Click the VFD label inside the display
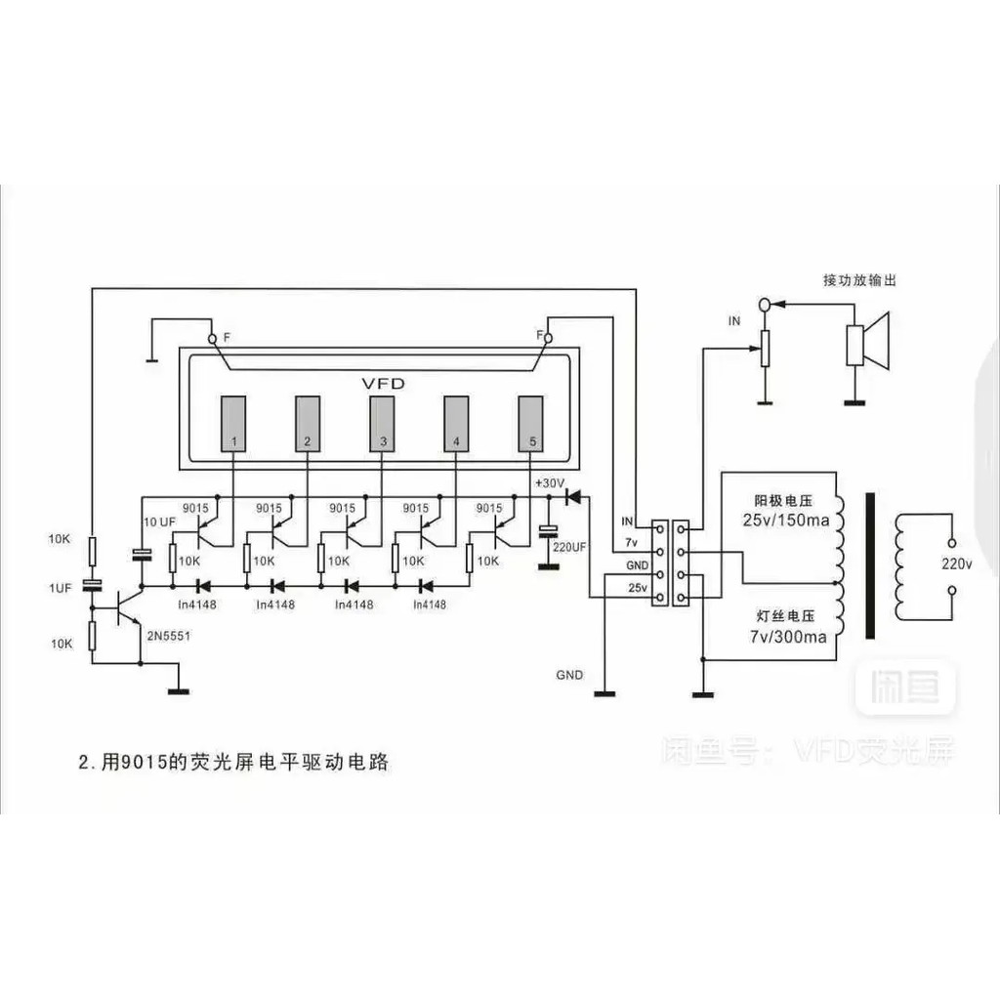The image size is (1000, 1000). [x=383, y=383]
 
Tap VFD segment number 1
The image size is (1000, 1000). [x=233, y=423]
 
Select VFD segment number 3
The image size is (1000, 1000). [x=382, y=423]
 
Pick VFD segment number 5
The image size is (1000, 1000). [x=530, y=423]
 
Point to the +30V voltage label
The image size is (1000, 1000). [x=549, y=482]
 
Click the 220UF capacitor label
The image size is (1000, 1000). [x=568, y=547]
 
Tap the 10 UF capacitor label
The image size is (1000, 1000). [x=159, y=523]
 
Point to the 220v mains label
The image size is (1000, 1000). [x=956, y=563]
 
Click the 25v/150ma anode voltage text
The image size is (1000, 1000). [x=784, y=521]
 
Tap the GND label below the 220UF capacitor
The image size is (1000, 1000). [x=569, y=675]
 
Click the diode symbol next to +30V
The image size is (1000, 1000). [x=573, y=497]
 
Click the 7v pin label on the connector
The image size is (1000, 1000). [x=631, y=542]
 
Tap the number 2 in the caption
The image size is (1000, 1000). [x=83, y=763]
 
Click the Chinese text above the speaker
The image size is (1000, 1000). [x=858, y=280]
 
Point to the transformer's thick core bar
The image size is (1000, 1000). [x=867, y=565]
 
